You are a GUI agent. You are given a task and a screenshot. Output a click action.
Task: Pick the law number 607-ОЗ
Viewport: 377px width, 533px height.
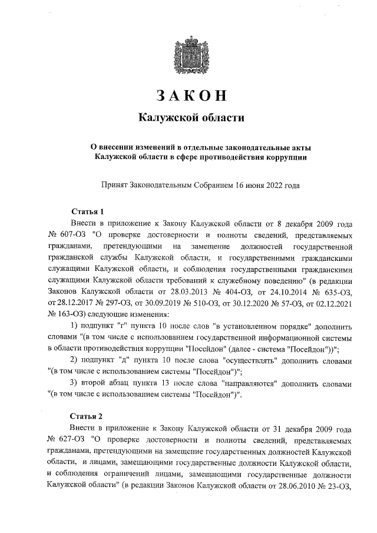65,234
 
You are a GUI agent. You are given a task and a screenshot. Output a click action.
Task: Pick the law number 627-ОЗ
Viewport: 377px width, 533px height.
65,439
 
